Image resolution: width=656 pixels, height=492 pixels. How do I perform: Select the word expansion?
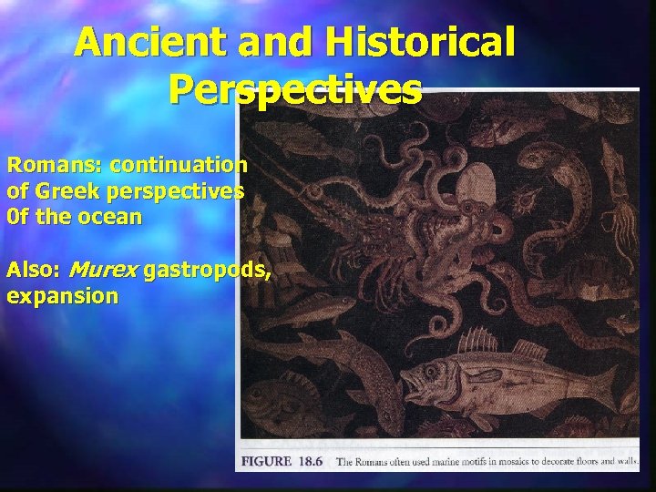[62, 296]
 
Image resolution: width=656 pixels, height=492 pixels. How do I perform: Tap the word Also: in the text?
[34, 270]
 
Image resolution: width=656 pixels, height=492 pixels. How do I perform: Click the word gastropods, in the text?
[207, 270]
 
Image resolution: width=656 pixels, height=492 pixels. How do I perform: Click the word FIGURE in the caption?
[266, 462]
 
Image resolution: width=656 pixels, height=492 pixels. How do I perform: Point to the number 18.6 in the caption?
[313, 462]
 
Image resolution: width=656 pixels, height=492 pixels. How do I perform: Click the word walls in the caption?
[624, 462]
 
